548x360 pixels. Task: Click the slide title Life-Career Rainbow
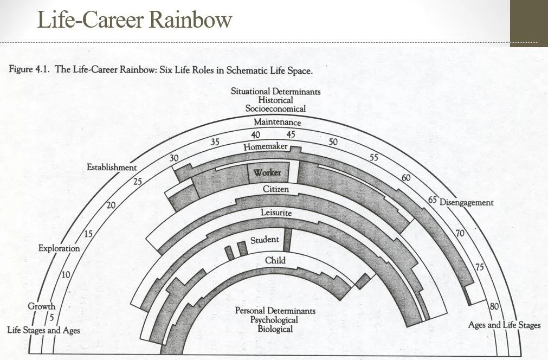pyautogui.click(x=134, y=20)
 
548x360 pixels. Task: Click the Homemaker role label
pyautogui.click(x=265, y=147)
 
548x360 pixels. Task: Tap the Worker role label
pyautogui.click(x=267, y=172)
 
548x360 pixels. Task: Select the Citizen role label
pyautogui.click(x=275, y=189)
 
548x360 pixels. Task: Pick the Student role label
pyautogui.click(x=265, y=240)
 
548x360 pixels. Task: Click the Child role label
pyautogui.click(x=275, y=260)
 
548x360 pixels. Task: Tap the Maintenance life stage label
pyautogui.click(x=277, y=122)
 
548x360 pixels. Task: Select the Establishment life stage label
pyautogui.click(x=112, y=167)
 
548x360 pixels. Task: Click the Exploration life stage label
pyautogui.click(x=59, y=248)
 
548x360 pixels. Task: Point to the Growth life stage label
pyautogui.click(x=41, y=306)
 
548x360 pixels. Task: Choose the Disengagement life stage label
pyautogui.click(x=466, y=202)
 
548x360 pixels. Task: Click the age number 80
pyautogui.click(x=494, y=306)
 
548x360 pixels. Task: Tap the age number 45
pyautogui.click(x=291, y=134)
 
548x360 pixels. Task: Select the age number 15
pyautogui.click(x=88, y=234)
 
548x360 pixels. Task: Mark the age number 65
pyautogui.click(x=433, y=199)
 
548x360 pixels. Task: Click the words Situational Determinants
pyautogui.click(x=275, y=91)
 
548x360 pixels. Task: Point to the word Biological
pyautogui.click(x=275, y=329)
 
